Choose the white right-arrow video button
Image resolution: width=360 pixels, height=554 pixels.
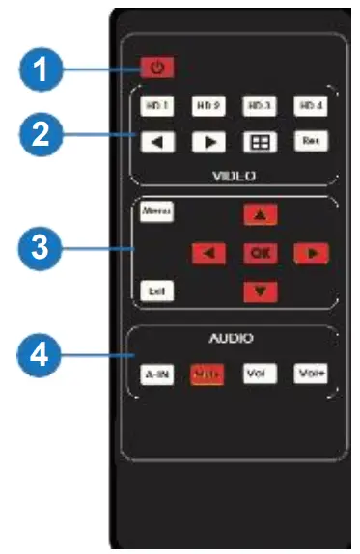click(x=208, y=141)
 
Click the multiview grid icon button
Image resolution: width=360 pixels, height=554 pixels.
click(x=258, y=141)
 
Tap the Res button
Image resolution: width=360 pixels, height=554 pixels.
click(x=308, y=141)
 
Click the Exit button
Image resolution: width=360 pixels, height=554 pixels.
click(x=152, y=289)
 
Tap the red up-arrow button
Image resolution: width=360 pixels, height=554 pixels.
click(x=258, y=216)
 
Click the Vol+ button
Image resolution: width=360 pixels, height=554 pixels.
click(x=308, y=374)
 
